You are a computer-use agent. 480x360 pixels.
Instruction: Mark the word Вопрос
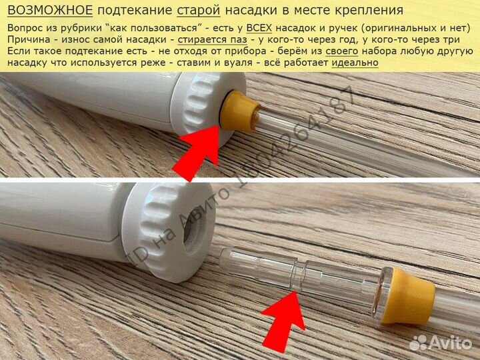tap(27, 29)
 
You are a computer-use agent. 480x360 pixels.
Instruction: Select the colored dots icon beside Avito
tap(418, 342)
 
